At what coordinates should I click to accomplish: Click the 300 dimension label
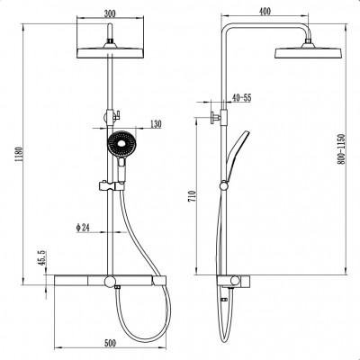tap(110, 13)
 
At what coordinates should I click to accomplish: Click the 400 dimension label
tap(265, 12)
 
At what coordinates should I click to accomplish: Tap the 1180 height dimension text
tap(18, 155)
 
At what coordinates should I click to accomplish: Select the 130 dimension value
tap(156, 124)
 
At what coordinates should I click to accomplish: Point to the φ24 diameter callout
tap(83, 228)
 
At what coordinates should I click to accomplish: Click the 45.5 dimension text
tap(41, 257)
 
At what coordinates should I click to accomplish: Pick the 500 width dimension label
tap(110, 343)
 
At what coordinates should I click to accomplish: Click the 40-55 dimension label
tap(241, 98)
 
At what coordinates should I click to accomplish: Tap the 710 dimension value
tap(192, 196)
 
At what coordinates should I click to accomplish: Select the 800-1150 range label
tap(341, 149)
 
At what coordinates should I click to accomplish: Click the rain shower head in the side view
tap(308, 51)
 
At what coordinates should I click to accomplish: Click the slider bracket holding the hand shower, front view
tap(111, 185)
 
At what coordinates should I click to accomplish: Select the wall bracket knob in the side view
tap(215, 117)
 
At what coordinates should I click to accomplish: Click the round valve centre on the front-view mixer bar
tap(110, 282)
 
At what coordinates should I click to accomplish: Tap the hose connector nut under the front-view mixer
tap(117, 288)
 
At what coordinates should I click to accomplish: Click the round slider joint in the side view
tap(224, 186)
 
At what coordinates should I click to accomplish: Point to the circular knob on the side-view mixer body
tap(235, 282)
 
